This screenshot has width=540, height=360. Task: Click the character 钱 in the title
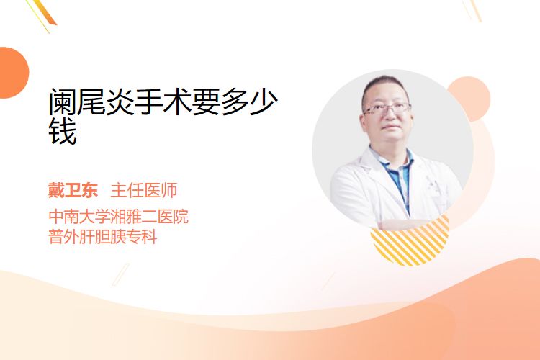tap(63, 131)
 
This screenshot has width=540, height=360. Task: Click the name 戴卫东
tap(73, 190)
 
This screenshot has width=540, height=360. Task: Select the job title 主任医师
tap(143, 190)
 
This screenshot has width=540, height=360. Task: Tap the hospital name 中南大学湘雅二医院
tap(119, 216)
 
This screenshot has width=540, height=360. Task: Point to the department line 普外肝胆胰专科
tap(103, 237)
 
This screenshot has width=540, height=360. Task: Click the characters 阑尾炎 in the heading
tap(91, 102)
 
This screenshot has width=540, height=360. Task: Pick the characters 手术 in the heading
tap(163, 102)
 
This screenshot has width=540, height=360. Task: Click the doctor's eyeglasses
tap(387, 109)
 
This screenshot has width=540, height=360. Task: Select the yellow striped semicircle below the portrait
tap(410, 241)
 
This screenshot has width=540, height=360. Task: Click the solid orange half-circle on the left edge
tap(13, 73)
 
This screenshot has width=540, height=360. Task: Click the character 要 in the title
tap(206, 102)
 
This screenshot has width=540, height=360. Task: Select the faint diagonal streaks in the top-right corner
tap(472, 9)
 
